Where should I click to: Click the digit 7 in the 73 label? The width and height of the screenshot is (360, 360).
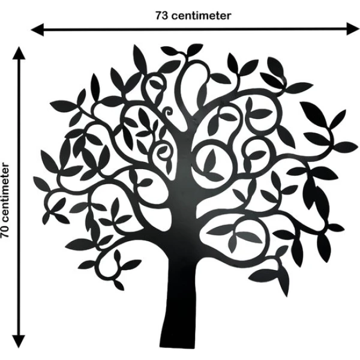(x=157, y=16)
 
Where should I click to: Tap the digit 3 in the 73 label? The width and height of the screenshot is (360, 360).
(x=164, y=16)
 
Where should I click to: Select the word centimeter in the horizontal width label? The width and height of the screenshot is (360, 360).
(x=201, y=16)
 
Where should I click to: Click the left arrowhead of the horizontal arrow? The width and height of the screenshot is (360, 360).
(x=36, y=28)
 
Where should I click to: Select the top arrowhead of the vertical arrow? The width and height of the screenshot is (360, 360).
(x=20, y=52)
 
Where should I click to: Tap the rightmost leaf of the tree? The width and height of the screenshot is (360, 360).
(x=346, y=145)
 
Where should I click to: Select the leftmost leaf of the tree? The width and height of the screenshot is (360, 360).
(x=41, y=183)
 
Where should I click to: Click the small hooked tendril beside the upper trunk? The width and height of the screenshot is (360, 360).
(x=167, y=113)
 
